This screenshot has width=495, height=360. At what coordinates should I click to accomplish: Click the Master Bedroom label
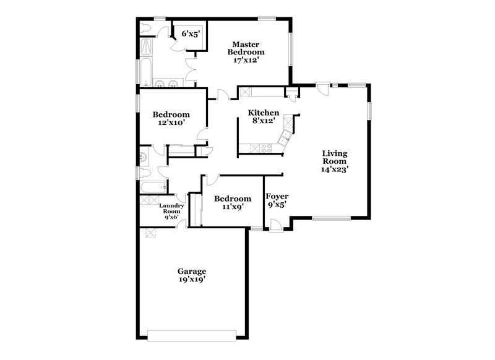coord(245,52)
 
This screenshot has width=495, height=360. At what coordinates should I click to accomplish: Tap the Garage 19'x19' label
coord(192,275)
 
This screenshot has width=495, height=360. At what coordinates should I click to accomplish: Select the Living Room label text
coord(334,160)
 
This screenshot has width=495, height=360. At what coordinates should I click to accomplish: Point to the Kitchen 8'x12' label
coord(264,117)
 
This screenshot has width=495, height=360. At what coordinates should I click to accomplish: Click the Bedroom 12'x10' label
coord(171,118)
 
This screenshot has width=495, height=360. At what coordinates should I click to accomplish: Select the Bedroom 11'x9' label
coord(233,202)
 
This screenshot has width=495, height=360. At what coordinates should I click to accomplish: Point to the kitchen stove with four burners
coord(268,148)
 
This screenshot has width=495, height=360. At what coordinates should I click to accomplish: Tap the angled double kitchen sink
coord(286,137)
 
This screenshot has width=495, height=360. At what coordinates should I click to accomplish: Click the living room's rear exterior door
coord(321,88)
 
